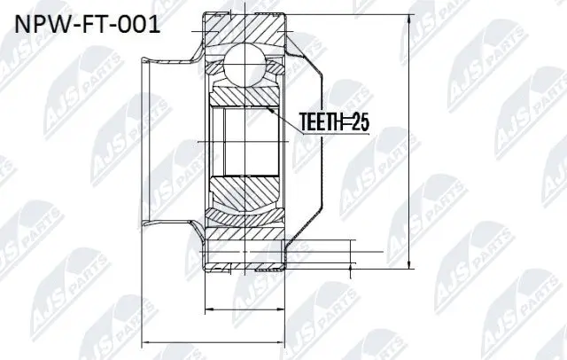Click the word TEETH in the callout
click(324, 121)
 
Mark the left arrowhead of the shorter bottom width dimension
click(207, 309)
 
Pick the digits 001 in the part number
click(139, 23)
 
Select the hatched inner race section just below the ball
click(245, 96)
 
